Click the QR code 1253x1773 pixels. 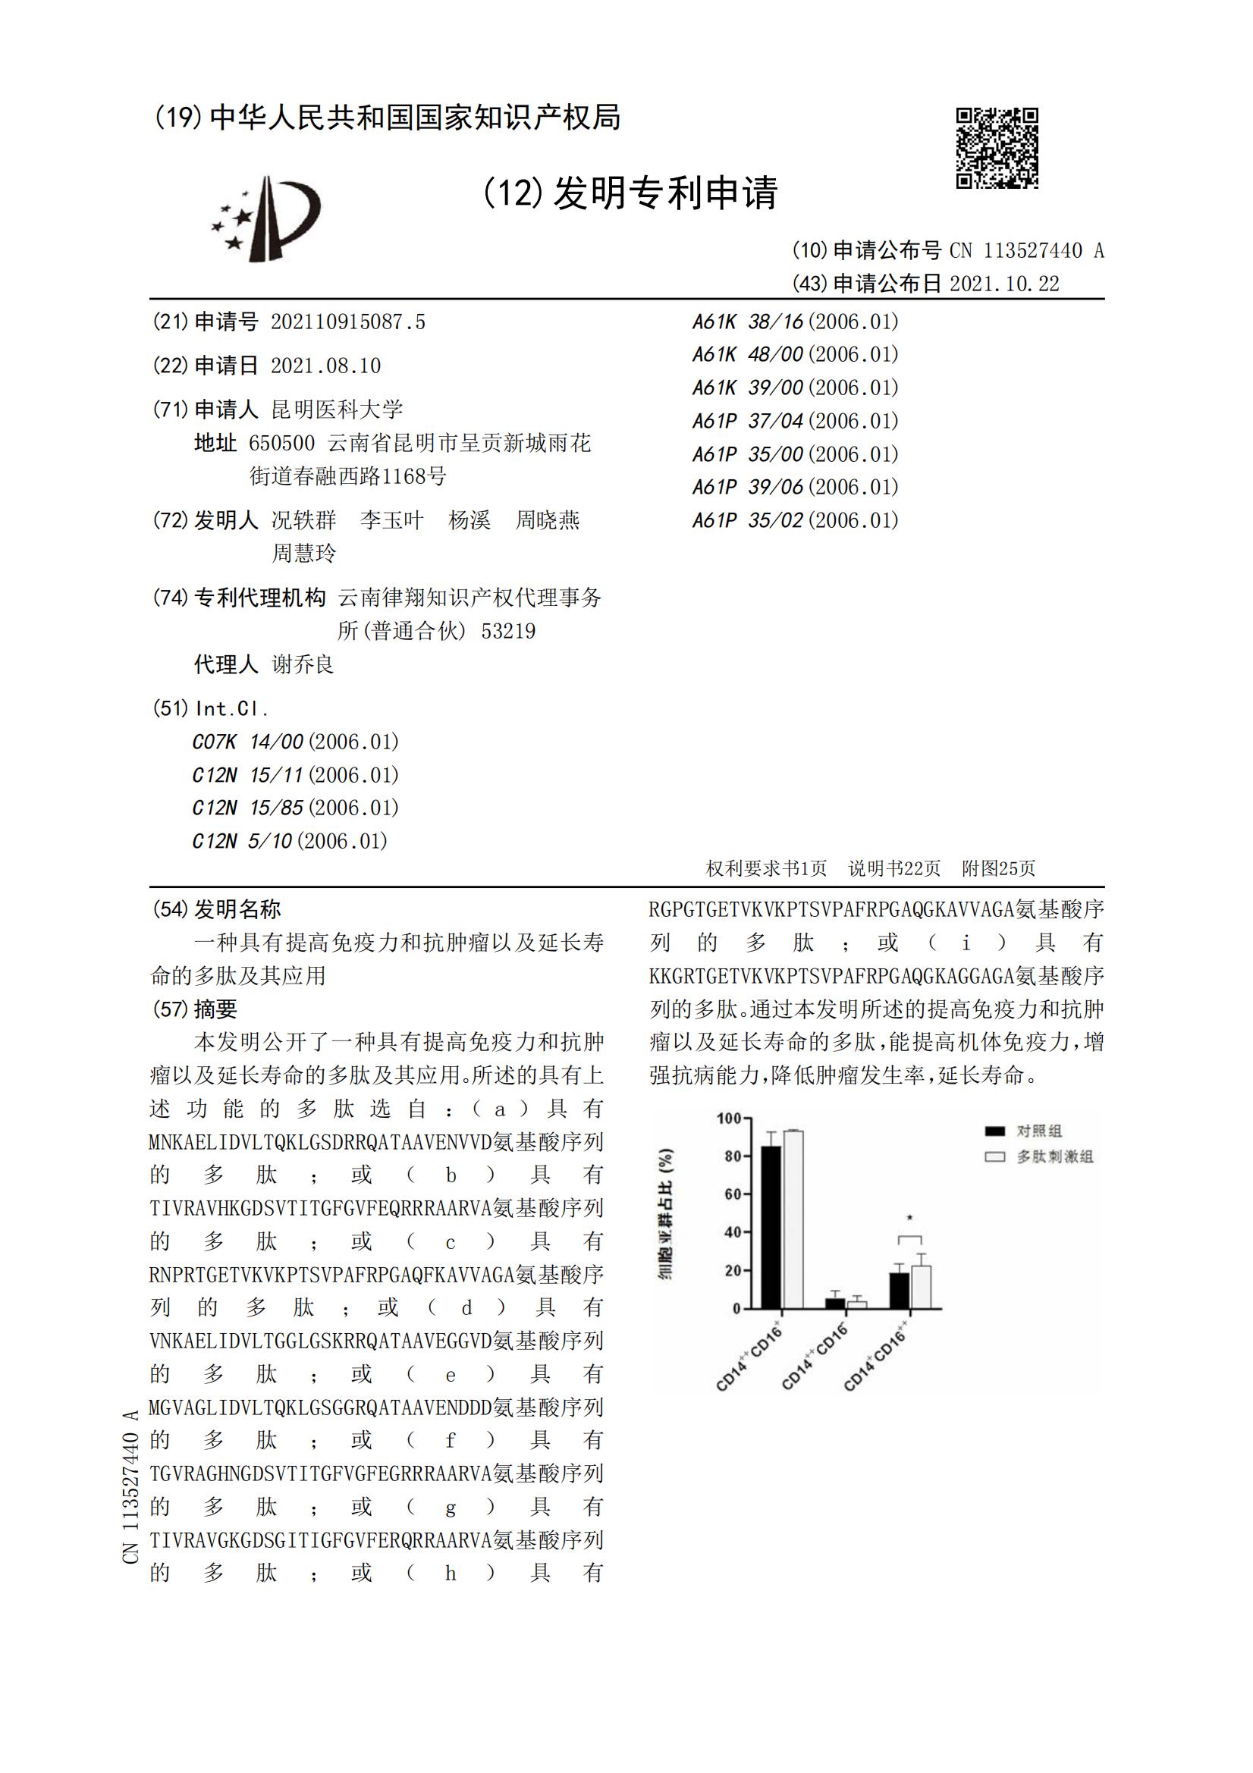(x=997, y=147)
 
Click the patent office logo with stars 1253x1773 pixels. (x=266, y=218)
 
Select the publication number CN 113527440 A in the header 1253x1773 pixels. (x=1027, y=250)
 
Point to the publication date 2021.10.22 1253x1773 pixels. (x=1004, y=284)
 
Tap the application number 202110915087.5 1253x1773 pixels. (x=347, y=322)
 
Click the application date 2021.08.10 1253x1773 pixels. (x=325, y=366)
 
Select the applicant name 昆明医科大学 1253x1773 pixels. (x=337, y=410)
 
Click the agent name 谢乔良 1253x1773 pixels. (x=303, y=664)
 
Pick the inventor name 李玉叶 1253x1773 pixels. (x=391, y=520)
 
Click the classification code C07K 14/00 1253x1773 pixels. (x=247, y=742)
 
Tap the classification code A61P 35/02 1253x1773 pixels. (x=748, y=520)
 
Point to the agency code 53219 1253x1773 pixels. (x=508, y=632)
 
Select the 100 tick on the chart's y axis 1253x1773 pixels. (x=728, y=1118)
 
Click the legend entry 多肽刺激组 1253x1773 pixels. (x=1054, y=1156)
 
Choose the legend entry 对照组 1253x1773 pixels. (x=1039, y=1131)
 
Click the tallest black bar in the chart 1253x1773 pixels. (x=770, y=1227)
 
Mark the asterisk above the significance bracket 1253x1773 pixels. (x=909, y=1219)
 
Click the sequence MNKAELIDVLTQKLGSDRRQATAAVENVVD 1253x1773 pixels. (x=321, y=1142)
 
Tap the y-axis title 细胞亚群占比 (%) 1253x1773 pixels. (x=665, y=1213)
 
